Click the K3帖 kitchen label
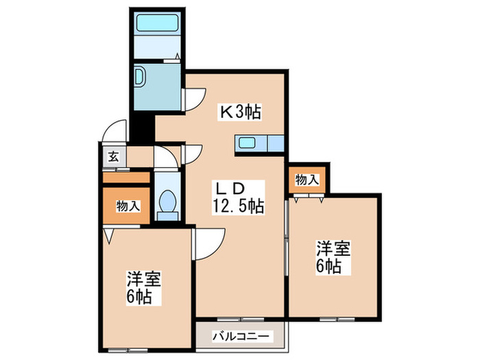(x=239, y=111)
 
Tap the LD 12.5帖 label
(x=237, y=196)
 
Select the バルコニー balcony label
(x=242, y=337)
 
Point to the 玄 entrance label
(x=112, y=156)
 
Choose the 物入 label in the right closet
(x=307, y=180)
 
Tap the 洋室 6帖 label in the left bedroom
(x=144, y=289)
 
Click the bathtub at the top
(x=157, y=23)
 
